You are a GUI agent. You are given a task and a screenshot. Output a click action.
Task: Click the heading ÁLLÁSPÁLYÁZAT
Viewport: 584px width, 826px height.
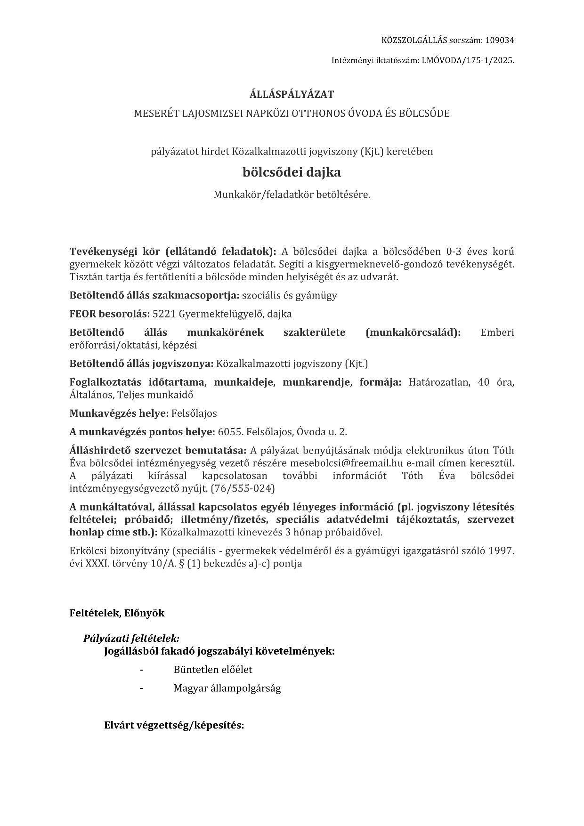pyautogui.click(x=292, y=94)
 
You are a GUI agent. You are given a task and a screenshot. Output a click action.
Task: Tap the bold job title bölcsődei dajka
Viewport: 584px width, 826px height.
pyautogui.click(x=292, y=172)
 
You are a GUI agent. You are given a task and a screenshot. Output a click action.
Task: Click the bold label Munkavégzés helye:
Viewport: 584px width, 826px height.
pyautogui.click(x=119, y=413)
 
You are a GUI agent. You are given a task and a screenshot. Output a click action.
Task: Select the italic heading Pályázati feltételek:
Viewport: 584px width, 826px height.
pyautogui.click(x=131, y=639)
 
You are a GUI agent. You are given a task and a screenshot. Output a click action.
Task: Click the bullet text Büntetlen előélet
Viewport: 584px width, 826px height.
pyautogui.click(x=213, y=669)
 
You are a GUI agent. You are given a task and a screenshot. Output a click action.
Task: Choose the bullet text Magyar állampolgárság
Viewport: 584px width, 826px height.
pyautogui.click(x=227, y=688)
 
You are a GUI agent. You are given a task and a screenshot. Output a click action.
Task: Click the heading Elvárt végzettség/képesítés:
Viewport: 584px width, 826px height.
pyautogui.click(x=174, y=725)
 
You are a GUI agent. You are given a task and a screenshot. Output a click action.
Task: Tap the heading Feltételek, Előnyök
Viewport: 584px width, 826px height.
pyautogui.click(x=117, y=613)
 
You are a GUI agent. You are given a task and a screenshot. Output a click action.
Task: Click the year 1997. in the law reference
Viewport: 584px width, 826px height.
pyautogui.click(x=501, y=551)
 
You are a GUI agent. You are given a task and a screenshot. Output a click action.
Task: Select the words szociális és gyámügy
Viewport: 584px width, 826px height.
pyautogui.click(x=289, y=295)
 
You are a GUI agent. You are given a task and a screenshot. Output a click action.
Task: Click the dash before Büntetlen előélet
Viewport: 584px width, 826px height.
pyautogui.click(x=141, y=669)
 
